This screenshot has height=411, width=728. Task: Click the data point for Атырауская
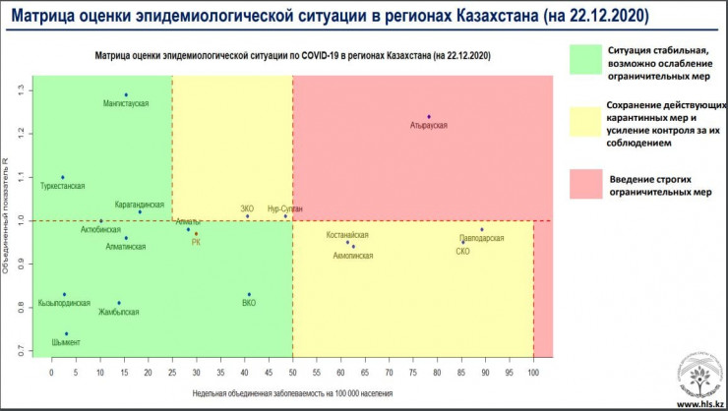tap(429, 117)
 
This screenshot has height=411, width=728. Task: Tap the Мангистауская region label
tap(126, 104)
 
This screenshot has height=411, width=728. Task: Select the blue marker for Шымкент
tap(67, 333)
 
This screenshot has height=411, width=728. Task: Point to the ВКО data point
tap(249, 294)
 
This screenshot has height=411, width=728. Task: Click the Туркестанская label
tap(63, 186)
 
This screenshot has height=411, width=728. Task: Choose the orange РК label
tap(197, 242)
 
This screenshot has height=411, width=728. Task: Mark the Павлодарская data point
tap(482, 229)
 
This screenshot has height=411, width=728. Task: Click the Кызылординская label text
tap(64, 303)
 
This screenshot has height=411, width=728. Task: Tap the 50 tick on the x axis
tap(292, 374)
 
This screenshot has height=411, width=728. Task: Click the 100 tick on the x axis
tap(533, 374)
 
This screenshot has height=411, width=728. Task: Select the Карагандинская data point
tap(140, 211)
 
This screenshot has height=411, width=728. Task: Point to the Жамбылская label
tap(119, 312)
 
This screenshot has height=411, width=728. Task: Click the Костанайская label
tap(347, 236)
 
